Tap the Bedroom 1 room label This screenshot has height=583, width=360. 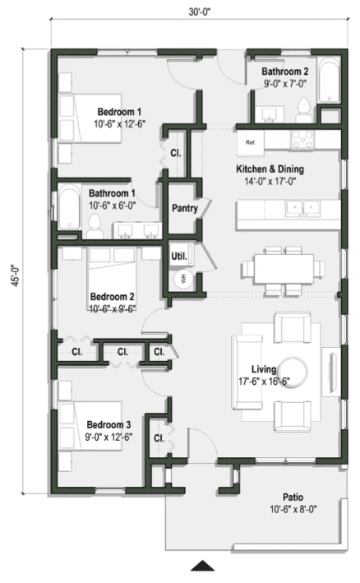point(119,112)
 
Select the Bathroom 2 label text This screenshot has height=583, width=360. point(285,72)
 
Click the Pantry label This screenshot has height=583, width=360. point(184,209)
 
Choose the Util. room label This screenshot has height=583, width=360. point(179,256)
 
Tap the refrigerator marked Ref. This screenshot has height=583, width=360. point(252,141)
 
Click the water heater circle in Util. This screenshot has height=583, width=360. point(183,279)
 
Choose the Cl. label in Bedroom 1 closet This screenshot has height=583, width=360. point(176,153)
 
